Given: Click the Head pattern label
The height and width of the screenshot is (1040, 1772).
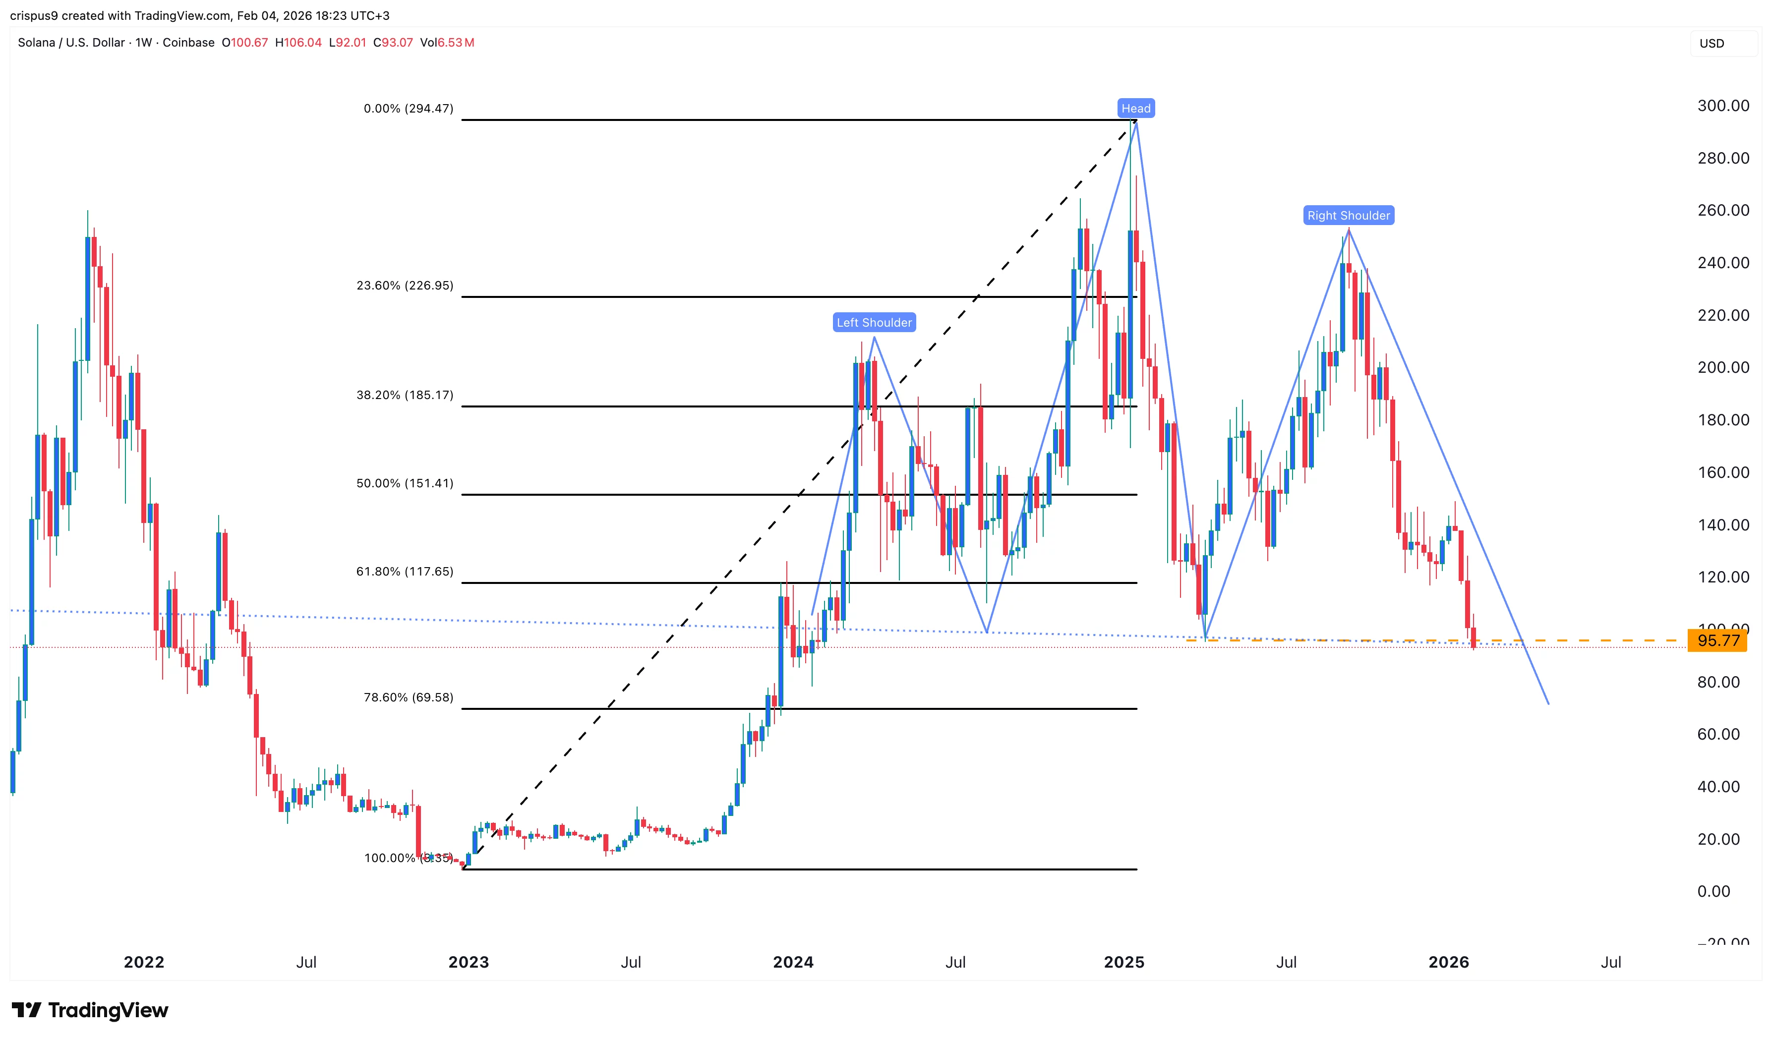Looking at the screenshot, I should [1135, 108].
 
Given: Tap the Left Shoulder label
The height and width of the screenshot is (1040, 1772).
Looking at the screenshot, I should [874, 323].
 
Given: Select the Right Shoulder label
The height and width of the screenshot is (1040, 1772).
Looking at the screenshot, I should [1348, 216].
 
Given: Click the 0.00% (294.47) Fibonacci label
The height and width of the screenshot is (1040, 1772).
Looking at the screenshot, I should [408, 108].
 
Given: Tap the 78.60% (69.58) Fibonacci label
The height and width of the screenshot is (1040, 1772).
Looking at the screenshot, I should [408, 697].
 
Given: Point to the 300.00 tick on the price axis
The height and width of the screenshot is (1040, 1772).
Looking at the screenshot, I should [1723, 106].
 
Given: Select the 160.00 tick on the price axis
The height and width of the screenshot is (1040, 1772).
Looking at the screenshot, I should [1723, 472].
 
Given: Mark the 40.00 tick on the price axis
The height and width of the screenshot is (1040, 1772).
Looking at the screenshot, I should [1718, 787].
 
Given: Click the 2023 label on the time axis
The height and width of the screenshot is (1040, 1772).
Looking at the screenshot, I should [469, 962].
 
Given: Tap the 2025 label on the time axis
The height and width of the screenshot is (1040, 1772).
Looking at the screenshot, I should [1123, 962].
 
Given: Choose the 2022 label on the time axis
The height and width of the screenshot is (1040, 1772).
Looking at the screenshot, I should [144, 962].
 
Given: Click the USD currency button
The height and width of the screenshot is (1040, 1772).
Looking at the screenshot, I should [1712, 44].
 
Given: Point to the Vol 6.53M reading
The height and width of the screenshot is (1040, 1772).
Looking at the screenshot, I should [447, 43].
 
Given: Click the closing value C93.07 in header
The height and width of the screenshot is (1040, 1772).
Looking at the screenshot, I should [393, 43].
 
